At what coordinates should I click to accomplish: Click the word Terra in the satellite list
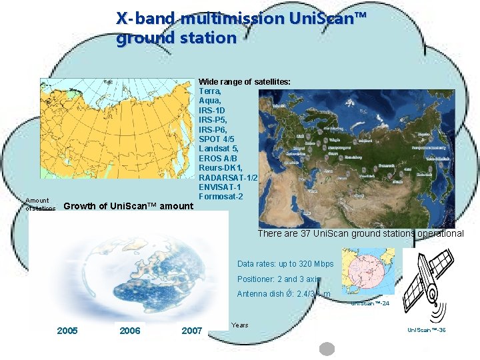(x=210, y=91)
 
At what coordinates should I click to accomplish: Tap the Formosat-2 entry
(x=221, y=197)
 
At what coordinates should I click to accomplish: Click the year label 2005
(x=67, y=331)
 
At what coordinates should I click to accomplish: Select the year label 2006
(x=129, y=331)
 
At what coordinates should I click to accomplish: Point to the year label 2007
(x=191, y=331)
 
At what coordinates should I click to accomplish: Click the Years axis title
(x=239, y=325)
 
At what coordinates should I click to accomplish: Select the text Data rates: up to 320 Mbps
(x=285, y=264)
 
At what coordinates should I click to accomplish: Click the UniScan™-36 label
(x=426, y=330)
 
